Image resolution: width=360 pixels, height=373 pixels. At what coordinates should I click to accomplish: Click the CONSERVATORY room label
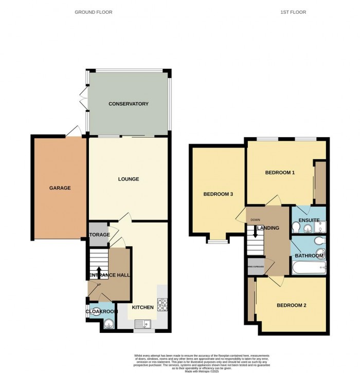click(128, 104)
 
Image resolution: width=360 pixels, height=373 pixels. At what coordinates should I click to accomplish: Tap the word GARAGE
click(60, 188)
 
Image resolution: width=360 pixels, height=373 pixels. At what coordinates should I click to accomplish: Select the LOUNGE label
click(128, 179)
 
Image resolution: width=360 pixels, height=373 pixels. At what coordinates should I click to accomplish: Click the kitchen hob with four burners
click(162, 305)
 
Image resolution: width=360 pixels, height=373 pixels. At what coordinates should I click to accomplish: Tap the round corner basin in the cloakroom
click(108, 324)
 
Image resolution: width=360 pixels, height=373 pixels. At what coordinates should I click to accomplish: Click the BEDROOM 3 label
click(218, 194)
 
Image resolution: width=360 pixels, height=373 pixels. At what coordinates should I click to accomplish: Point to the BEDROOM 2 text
click(291, 305)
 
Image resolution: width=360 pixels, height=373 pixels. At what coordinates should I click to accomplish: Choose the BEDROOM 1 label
click(280, 173)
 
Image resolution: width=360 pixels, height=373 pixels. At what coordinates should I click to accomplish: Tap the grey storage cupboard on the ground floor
click(99, 234)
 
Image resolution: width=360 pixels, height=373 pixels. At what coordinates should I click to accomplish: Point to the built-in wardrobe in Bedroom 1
click(320, 183)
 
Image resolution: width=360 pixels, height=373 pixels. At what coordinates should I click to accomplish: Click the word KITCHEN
click(142, 307)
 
